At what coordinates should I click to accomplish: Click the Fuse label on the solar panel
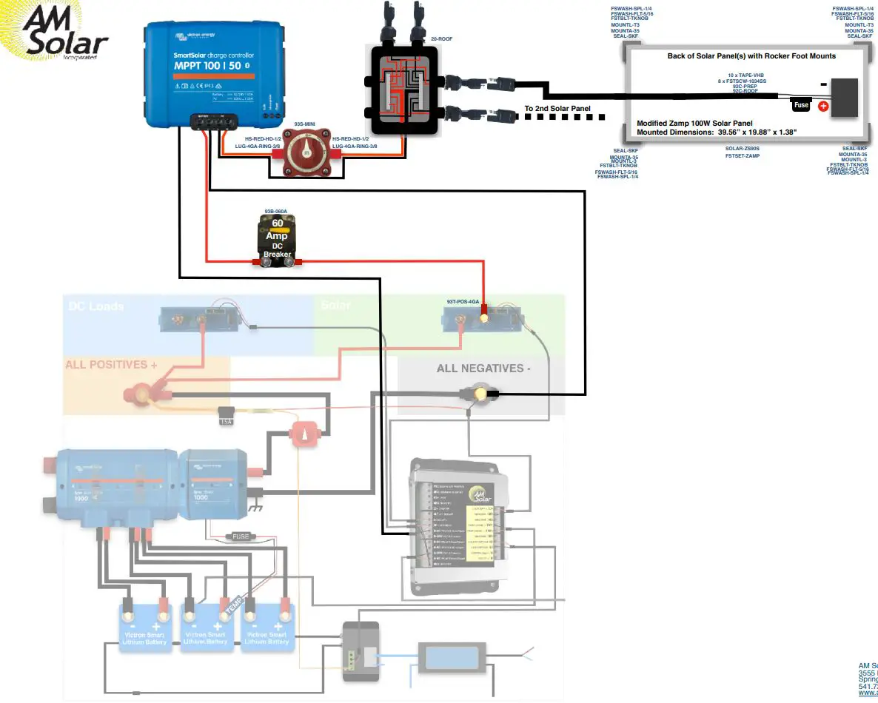(x=801, y=105)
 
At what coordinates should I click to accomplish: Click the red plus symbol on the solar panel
(x=822, y=106)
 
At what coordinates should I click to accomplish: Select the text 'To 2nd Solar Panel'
(x=557, y=109)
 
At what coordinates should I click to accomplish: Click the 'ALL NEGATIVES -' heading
(x=483, y=368)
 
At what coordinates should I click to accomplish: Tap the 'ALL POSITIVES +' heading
(x=111, y=365)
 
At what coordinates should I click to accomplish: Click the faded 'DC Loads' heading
(x=96, y=306)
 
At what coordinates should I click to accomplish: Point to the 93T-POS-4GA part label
(x=463, y=302)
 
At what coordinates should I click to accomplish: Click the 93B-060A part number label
(x=276, y=212)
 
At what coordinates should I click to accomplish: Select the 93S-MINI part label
(x=306, y=124)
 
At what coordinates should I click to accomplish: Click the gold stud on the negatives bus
(x=480, y=394)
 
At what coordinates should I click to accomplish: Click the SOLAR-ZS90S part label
(x=743, y=148)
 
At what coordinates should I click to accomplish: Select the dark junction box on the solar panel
(x=844, y=97)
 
